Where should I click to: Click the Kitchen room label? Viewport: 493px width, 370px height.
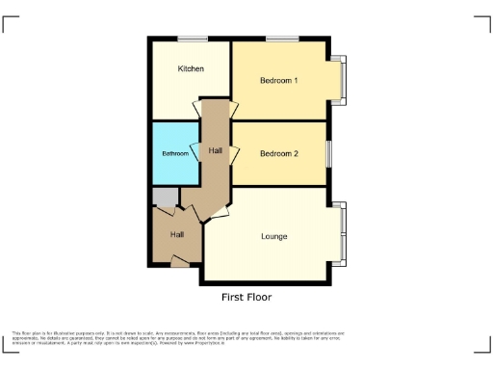point(190,69)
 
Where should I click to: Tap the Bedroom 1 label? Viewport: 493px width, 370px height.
point(279,80)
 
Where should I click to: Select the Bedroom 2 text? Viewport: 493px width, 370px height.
point(279,154)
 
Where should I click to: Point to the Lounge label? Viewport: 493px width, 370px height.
point(274,236)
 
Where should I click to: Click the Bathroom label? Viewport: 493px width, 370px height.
point(174,154)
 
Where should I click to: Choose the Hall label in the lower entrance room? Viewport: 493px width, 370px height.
point(177,235)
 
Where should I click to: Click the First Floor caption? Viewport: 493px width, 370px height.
point(246,297)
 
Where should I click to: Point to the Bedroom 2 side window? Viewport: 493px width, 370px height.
point(327,153)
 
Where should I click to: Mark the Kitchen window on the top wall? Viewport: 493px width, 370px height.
point(193,40)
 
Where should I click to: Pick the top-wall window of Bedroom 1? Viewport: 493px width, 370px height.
point(281,40)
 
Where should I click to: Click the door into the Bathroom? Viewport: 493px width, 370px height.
point(195,152)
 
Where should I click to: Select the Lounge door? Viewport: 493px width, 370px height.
point(217,212)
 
